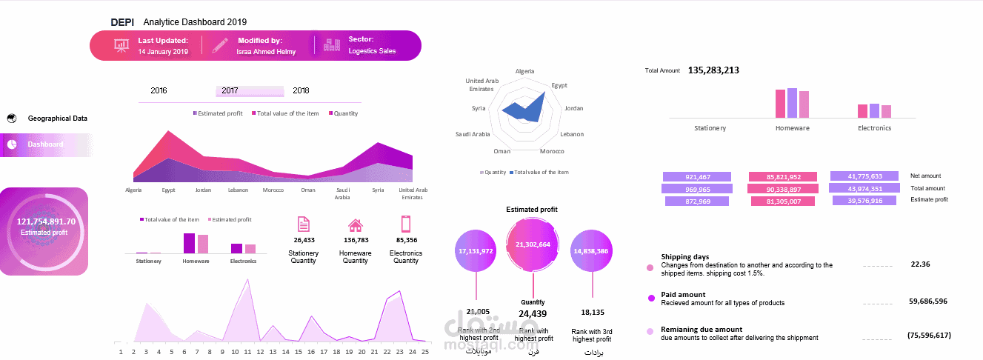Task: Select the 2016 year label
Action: pyautogui.click(x=159, y=90)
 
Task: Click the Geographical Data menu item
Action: pyautogui.click(x=57, y=119)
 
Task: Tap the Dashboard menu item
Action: pyautogui.click(x=45, y=144)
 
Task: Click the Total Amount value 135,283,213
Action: pyautogui.click(x=713, y=70)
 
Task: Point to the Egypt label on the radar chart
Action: pyautogui.click(x=559, y=85)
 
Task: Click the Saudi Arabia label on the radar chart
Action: pyautogui.click(x=472, y=134)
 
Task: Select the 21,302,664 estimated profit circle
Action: pyautogui.click(x=533, y=244)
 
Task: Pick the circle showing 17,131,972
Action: pyautogui.click(x=476, y=251)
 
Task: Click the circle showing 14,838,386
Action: pyautogui.click(x=590, y=251)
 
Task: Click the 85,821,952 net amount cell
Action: pyautogui.click(x=783, y=177)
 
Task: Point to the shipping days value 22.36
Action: pyautogui.click(x=920, y=264)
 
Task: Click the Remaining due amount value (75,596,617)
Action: pyautogui.click(x=928, y=336)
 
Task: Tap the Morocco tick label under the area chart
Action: pyautogui.click(x=273, y=190)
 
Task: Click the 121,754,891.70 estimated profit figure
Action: pyautogui.click(x=46, y=221)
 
